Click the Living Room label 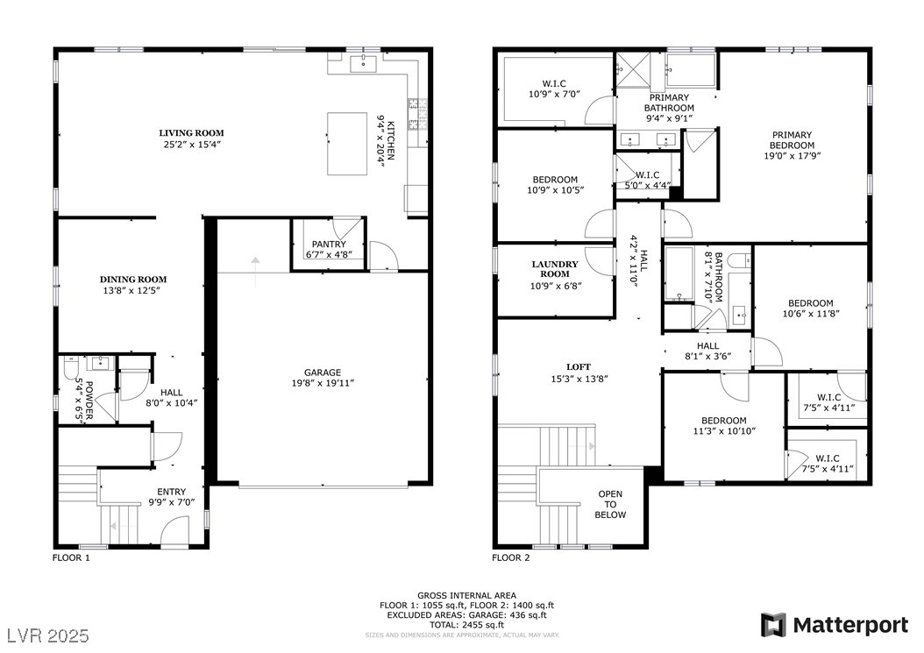pos(188,133)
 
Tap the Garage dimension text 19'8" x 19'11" pos(323,383)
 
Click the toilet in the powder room pos(69,372)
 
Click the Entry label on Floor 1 pos(171,492)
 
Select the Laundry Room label pos(555,268)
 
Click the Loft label pos(578,366)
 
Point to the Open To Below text pos(610,504)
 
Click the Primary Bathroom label pos(669,103)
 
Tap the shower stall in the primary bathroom pos(629,67)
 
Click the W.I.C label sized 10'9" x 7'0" pos(554,84)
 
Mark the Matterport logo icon pos(773,625)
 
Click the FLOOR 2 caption pos(510,557)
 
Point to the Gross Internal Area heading pos(466,595)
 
